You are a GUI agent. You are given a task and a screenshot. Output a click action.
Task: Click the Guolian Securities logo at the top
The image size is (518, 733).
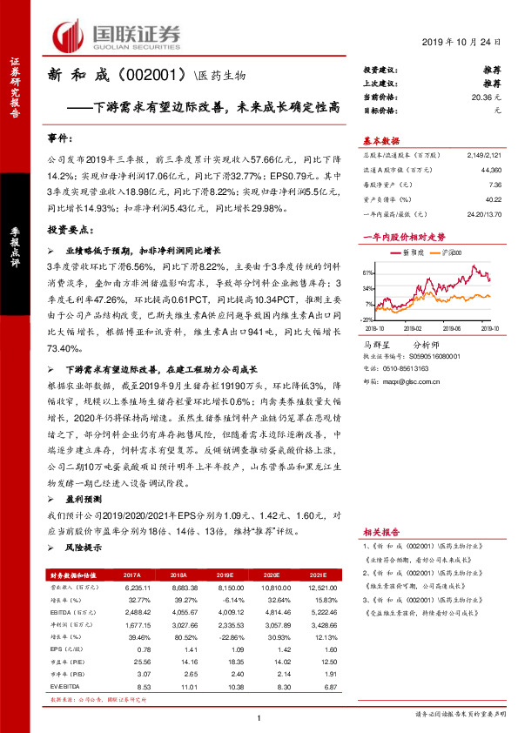click(118, 34)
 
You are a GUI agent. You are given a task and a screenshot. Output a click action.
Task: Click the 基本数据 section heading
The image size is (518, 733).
click(380, 139)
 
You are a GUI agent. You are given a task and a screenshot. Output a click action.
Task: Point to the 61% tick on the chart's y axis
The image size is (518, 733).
click(369, 271)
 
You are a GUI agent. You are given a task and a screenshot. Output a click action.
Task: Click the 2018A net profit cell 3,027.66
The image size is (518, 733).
click(178, 624)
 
